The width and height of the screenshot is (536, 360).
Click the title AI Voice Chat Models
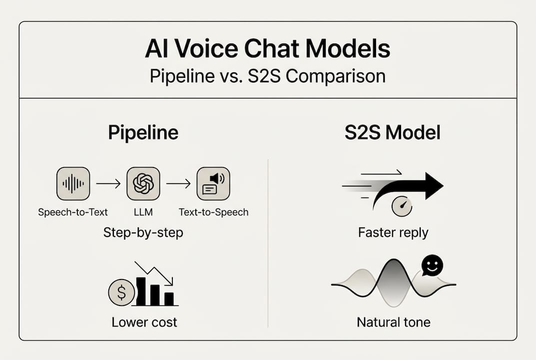click(268, 48)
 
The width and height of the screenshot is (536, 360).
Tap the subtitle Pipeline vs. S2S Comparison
click(268, 76)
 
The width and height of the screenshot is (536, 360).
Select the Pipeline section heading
click(143, 133)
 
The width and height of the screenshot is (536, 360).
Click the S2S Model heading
click(393, 132)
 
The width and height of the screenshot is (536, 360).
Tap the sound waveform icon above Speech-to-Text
click(73, 184)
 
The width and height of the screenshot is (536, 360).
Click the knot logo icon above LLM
click(143, 184)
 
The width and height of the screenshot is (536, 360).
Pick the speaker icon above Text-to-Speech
click(213, 184)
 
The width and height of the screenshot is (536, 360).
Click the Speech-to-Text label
click(73, 212)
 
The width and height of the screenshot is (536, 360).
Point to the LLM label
click(143, 212)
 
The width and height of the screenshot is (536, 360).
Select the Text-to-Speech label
click(214, 212)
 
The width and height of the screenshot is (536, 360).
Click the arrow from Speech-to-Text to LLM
click(108, 184)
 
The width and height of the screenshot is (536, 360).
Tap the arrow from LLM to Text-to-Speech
click(178, 184)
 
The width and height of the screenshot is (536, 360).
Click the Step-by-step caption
click(143, 232)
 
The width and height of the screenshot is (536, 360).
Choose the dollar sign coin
click(121, 292)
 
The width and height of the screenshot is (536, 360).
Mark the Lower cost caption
click(144, 322)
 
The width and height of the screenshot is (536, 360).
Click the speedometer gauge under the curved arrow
click(402, 206)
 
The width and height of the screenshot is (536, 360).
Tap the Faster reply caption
click(393, 232)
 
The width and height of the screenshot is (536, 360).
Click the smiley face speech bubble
click(432, 265)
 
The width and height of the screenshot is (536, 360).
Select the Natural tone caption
click(394, 322)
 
